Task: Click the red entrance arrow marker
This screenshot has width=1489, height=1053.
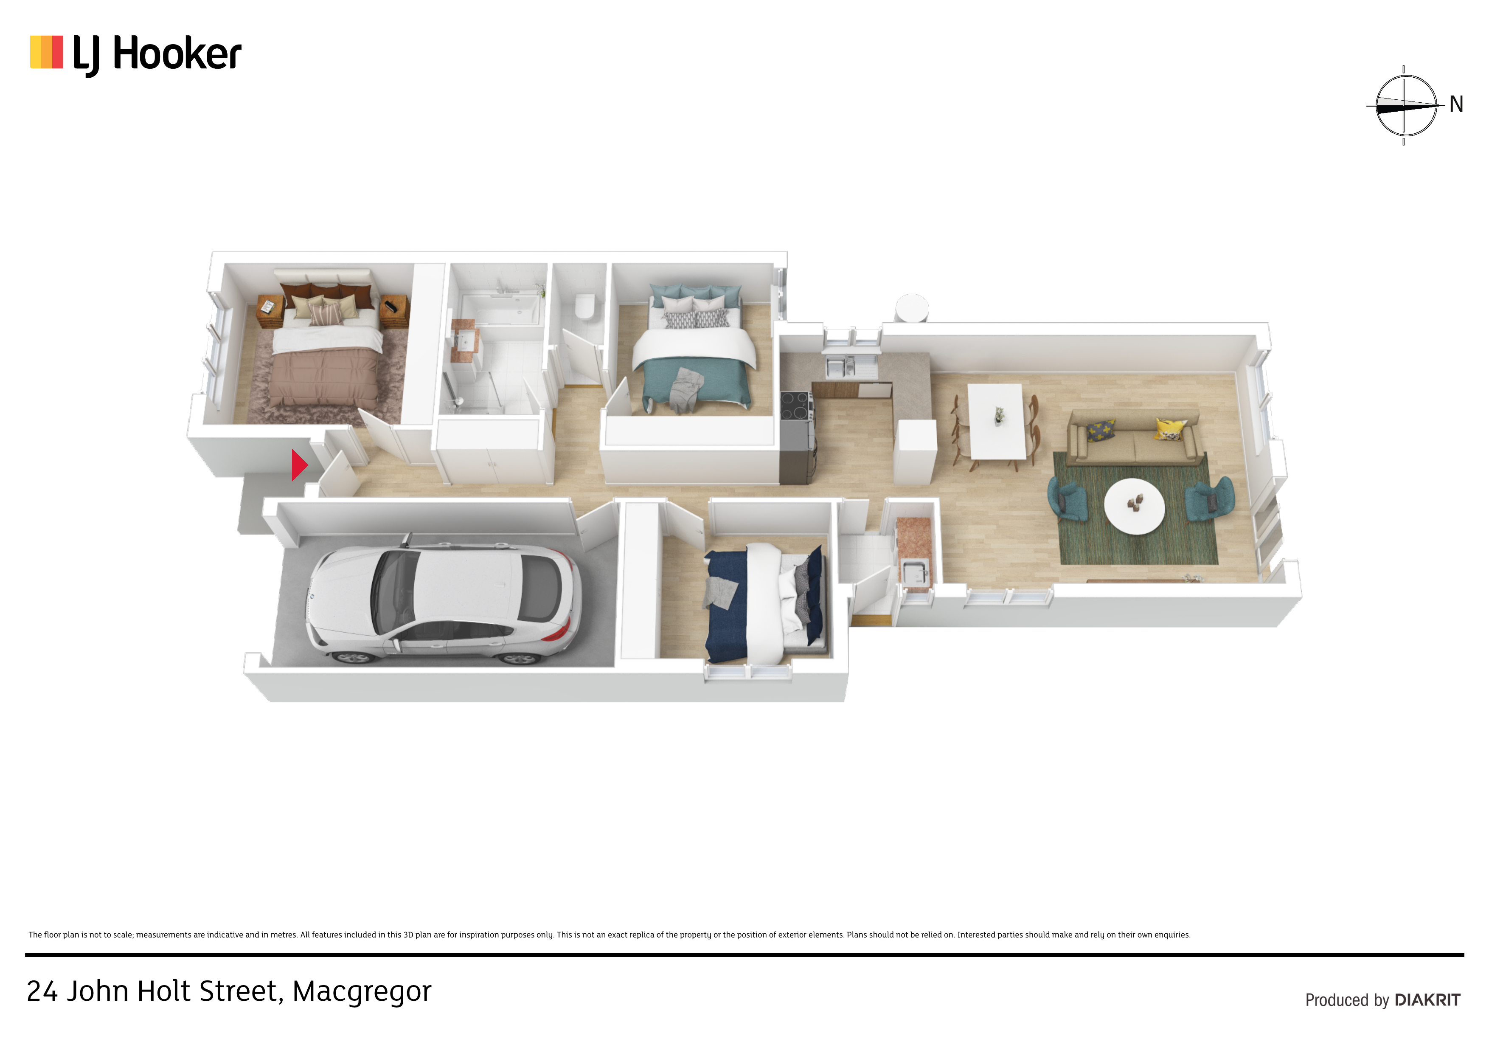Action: [x=299, y=465]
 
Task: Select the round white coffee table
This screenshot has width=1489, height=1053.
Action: [x=1134, y=506]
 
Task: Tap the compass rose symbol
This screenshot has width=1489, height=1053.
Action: [x=1405, y=106]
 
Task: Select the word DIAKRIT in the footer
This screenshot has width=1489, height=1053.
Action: [x=1427, y=1000]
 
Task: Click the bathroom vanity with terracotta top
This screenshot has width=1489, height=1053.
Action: [x=465, y=341]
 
